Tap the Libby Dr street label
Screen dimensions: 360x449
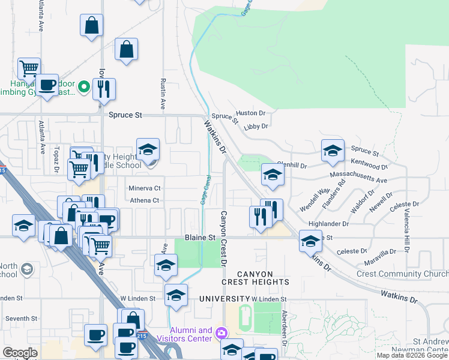pos(256,126)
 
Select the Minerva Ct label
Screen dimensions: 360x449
pos(145,188)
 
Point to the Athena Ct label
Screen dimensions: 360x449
pos(145,200)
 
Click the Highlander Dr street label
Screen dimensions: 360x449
pos(328,224)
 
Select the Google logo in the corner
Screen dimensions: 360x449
pos(20,352)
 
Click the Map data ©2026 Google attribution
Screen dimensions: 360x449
pos(412,355)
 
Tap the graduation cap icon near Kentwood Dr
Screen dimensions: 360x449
pos(332,151)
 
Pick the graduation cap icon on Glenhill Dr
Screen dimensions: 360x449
pos(273,175)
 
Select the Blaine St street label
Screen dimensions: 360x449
pos(200,238)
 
